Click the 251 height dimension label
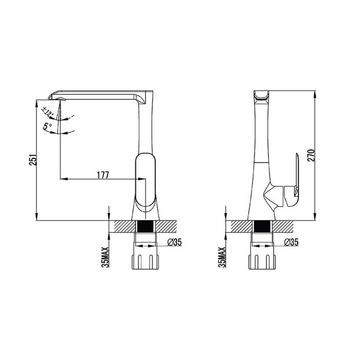pos(32,159)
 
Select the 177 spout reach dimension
pos(103,175)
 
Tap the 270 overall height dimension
pos(311,155)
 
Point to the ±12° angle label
pos(48,112)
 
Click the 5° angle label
pos(47,127)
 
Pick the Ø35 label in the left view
pos(174,242)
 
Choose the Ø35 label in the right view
pos(291,242)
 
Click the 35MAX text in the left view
pos(105,257)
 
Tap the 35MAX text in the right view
pos(222,257)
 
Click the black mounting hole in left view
pos(145,226)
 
